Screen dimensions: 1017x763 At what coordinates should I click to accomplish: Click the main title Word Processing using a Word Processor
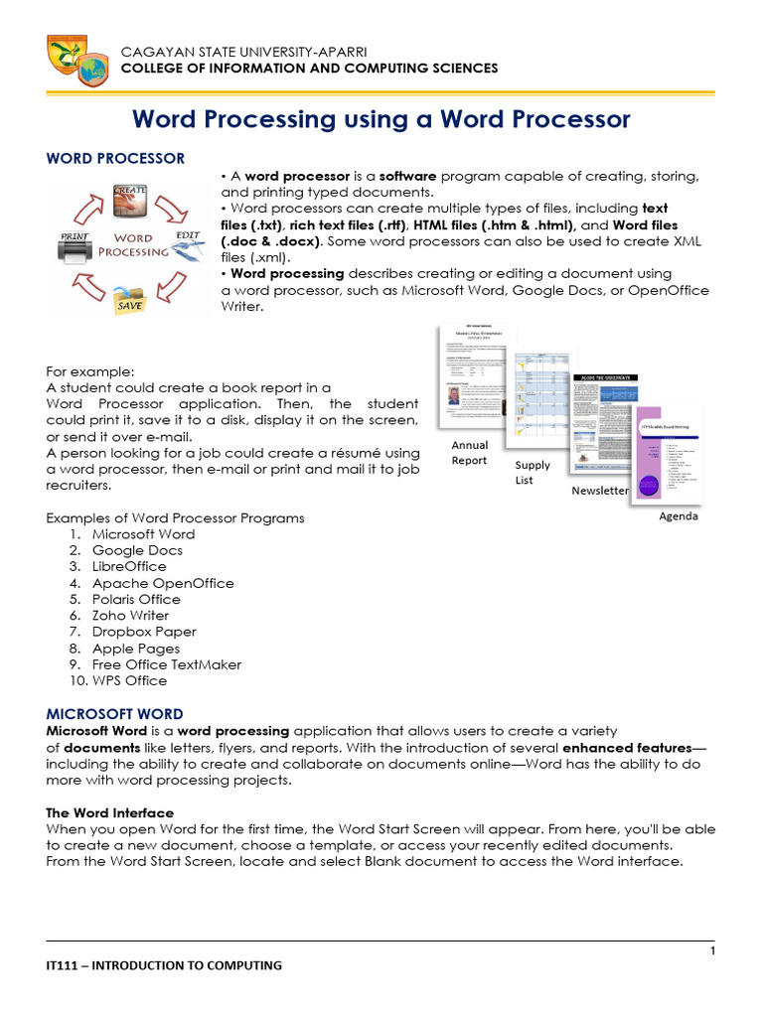(381, 119)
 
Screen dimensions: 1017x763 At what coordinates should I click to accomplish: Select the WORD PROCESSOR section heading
(115, 159)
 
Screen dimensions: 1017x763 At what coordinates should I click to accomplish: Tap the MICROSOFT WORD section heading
(115, 714)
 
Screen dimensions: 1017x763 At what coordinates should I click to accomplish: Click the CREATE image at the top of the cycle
(131, 199)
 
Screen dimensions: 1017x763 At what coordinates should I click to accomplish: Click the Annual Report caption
(470, 453)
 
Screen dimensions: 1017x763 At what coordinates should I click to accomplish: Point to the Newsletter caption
(599, 491)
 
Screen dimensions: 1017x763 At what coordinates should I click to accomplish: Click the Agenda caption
(679, 516)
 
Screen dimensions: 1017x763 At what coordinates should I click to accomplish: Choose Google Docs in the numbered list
(137, 550)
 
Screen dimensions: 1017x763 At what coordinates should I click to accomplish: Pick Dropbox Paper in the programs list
(144, 632)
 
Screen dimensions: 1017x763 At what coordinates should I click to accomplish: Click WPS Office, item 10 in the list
(129, 681)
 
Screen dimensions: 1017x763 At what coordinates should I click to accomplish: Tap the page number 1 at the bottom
(712, 952)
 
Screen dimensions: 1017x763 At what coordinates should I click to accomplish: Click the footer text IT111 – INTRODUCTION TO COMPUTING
(164, 965)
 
